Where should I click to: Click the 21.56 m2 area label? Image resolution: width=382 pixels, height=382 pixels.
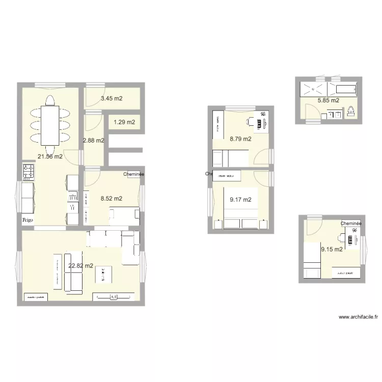[50, 157]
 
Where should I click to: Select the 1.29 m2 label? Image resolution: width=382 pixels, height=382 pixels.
[124, 122]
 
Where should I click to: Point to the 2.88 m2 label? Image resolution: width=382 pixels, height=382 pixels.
[93, 141]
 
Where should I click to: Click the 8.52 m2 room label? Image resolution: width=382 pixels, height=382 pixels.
[111, 199]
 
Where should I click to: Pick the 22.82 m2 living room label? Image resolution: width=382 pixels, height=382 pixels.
[81, 265]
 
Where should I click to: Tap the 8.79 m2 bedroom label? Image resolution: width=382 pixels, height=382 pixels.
[240, 139]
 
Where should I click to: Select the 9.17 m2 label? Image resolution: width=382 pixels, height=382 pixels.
[240, 200]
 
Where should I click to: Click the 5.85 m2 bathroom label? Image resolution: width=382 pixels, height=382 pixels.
[328, 101]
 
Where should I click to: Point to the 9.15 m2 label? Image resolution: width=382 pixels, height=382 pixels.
[331, 249]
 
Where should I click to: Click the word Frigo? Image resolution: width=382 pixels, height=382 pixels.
[28, 221]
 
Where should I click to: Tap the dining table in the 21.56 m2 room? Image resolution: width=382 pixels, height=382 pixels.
[49, 125]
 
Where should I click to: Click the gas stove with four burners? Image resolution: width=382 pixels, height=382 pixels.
[29, 172]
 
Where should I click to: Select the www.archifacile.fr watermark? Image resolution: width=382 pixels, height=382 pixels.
[358, 316]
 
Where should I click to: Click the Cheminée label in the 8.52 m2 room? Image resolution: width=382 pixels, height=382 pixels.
[133, 174]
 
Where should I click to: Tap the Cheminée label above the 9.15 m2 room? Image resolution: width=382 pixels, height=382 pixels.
[351, 223]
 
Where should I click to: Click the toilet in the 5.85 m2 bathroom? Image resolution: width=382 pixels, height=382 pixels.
[351, 111]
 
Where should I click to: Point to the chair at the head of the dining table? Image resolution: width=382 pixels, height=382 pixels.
[49, 99]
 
